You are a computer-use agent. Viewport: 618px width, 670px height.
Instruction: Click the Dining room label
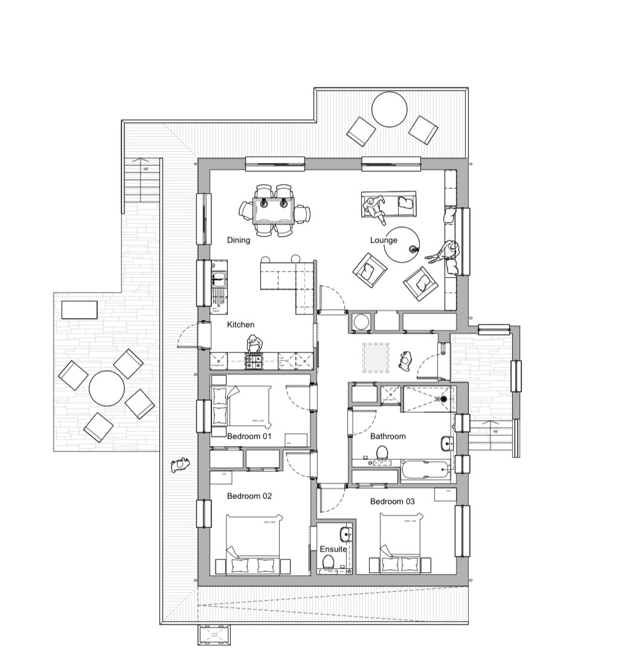(x=239, y=240)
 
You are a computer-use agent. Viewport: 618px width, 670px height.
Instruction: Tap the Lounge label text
(x=384, y=240)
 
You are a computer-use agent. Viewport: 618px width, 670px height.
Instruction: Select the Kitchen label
(x=240, y=325)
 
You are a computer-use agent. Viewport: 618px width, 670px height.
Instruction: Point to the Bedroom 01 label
(x=249, y=436)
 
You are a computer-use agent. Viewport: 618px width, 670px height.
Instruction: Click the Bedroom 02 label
(x=249, y=496)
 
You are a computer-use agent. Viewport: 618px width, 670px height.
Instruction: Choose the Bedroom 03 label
(x=393, y=502)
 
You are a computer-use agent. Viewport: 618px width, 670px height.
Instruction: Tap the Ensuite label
(x=333, y=549)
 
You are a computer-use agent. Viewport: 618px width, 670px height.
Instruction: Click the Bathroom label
(x=388, y=436)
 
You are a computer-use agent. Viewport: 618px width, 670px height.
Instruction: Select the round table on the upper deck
(x=389, y=109)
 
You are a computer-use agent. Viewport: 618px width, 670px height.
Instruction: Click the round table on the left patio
(x=106, y=388)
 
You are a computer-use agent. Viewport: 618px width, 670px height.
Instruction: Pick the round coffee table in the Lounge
(x=403, y=244)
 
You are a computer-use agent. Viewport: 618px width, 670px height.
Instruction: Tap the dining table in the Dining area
(x=274, y=212)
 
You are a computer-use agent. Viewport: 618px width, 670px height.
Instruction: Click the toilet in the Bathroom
(x=382, y=453)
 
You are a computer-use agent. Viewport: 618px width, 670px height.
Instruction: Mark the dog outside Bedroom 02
(x=179, y=465)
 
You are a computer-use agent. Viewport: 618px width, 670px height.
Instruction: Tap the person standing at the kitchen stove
(x=251, y=345)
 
